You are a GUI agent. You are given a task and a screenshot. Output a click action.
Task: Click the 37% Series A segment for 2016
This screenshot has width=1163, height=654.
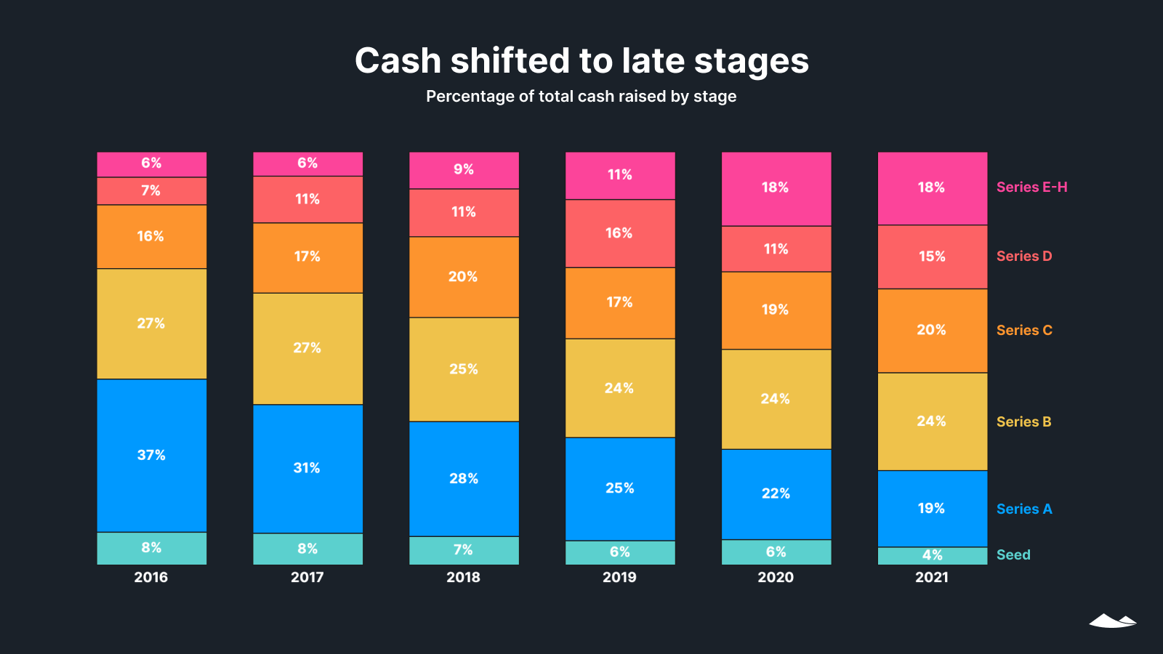[151, 455]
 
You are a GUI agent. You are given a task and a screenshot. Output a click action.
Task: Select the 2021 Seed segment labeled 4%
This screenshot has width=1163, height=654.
[932, 556]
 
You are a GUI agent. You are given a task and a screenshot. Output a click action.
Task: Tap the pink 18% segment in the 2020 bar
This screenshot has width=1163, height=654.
[776, 188]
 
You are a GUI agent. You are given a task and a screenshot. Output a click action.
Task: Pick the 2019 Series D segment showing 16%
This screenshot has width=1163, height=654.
[619, 233]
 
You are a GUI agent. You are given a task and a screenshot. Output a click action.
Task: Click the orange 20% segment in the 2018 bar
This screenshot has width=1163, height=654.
[464, 277]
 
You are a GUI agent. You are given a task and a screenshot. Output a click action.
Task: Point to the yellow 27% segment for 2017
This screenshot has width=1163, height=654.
[307, 348]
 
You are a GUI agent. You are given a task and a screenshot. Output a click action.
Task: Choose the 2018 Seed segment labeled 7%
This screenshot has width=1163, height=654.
[464, 550]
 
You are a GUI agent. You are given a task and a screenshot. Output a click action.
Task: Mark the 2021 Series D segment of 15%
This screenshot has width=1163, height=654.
[932, 257]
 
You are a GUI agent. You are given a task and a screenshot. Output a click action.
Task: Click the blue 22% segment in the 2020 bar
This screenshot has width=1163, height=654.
[776, 493]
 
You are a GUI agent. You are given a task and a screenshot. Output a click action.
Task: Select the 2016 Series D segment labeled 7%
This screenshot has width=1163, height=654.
[151, 190]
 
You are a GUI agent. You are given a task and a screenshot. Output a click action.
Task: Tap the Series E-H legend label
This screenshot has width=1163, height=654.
[1031, 187]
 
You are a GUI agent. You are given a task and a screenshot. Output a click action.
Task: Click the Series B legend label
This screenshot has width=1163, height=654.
[1023, 421]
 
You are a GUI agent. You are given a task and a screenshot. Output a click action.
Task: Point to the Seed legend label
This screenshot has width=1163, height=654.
[1013, 554]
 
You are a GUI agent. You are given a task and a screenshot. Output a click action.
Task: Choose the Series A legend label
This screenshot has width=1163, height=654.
[1024, 509]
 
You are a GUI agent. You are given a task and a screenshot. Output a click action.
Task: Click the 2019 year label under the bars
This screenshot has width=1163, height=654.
[619, 577]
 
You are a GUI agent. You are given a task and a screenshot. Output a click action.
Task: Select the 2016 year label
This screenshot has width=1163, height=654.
[151, 577]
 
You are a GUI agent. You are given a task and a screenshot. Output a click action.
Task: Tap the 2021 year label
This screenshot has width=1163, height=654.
[932, 577]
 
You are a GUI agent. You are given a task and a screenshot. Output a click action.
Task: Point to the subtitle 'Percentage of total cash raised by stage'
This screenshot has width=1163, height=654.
[581, 96]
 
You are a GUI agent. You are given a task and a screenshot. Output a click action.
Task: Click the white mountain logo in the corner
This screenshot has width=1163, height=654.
[1112, 621]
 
